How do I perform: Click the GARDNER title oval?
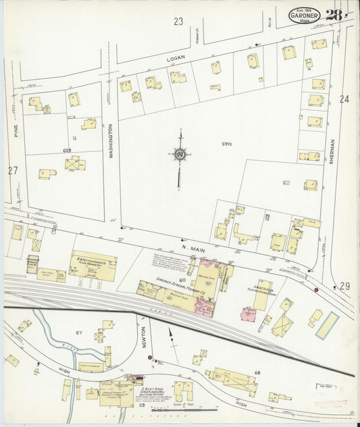(305, 14)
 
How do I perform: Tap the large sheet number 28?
(334, 14)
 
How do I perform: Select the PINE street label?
(14, 128)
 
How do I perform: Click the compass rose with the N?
(180, 155)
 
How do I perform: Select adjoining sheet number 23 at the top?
(178, 22)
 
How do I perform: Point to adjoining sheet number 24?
(344, 99)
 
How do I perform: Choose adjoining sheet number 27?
(13, 170)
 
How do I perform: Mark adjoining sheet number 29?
(345, 286)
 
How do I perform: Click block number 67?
(79, 333)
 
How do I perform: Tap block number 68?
(257, 373)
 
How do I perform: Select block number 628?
(67, 149)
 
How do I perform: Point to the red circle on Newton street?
(150, 357)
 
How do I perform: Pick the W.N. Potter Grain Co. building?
(93, 266)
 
